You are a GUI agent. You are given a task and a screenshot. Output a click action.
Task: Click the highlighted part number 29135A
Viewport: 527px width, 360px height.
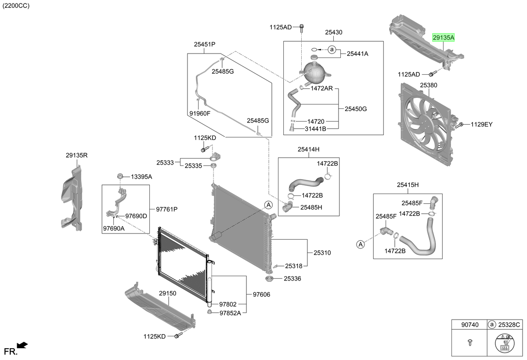click(x=444, y=38)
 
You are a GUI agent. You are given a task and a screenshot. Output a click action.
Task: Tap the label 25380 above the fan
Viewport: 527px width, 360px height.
click(x=429, y=85)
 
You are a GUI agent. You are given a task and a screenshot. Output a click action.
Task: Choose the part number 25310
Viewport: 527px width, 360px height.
click(x=322, y=253)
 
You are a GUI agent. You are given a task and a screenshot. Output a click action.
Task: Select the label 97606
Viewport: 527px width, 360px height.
click(x=261, y=295)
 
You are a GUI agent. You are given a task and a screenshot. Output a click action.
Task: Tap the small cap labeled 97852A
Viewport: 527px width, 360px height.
click(x=209, y=312)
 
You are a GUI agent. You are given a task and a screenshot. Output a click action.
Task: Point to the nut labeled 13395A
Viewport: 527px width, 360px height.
click(x=120, y=176)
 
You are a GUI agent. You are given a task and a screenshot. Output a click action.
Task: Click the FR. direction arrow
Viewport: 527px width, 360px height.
click(x=22, y=345)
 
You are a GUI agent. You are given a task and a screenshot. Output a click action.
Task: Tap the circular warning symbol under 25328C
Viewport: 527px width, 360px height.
click(x=505, y=343)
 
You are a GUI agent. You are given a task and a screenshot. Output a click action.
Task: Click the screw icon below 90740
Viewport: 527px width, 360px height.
click(x=470, y=342)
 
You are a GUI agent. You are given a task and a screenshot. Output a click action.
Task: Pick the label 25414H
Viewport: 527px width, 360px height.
click(x=308, y=149)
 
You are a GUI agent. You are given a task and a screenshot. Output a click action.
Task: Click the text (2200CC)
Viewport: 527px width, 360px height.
click(x=16, y=5)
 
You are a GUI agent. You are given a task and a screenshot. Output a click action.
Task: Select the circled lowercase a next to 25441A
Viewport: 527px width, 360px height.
click(x=332, y=50)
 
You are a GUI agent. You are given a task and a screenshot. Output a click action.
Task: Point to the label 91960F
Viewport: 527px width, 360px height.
click(x=200, y=113)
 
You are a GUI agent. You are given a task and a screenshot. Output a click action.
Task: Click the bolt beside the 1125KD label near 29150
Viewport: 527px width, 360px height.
click(x=178, y=335)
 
